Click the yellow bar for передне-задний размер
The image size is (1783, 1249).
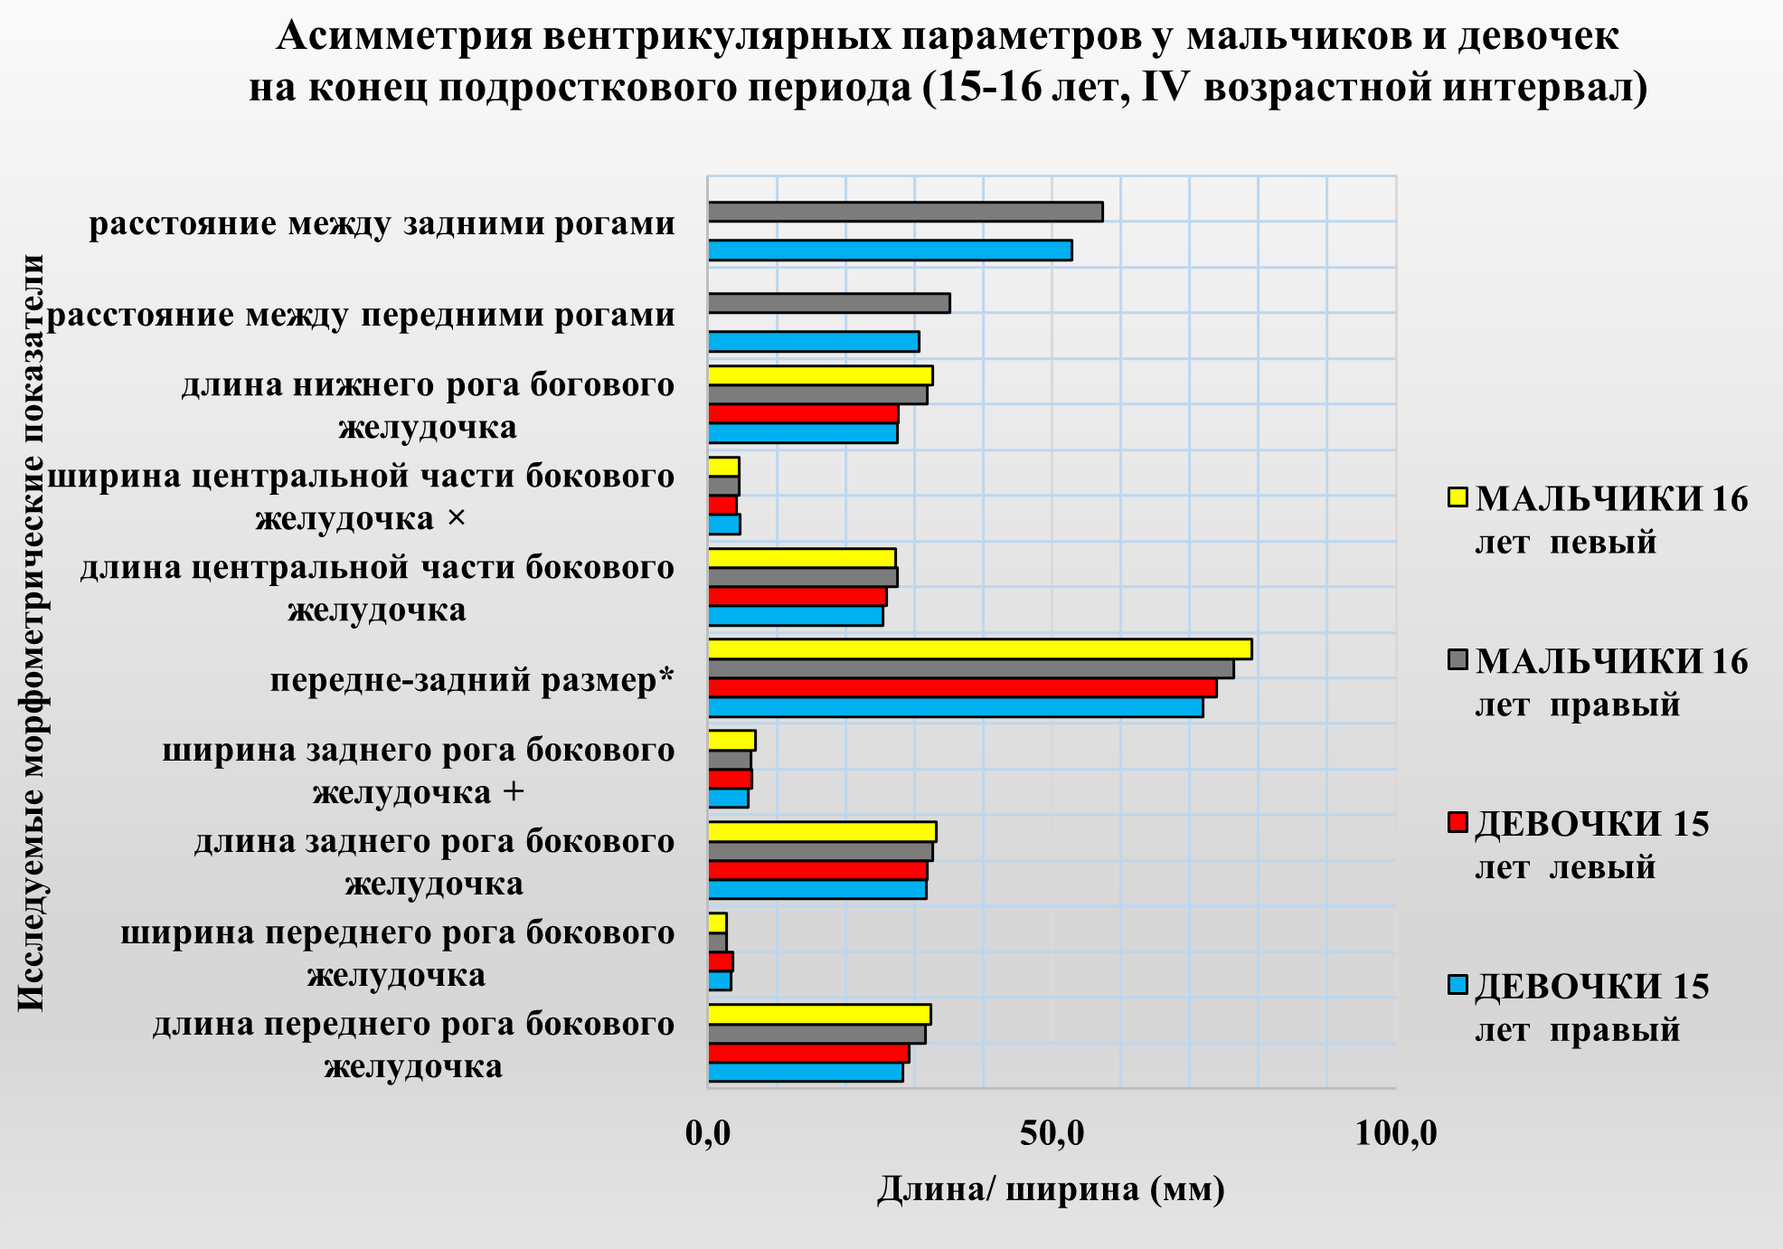979,649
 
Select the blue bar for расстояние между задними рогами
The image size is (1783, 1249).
890,251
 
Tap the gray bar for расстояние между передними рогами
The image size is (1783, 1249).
828,303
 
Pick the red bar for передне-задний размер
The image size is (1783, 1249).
962,687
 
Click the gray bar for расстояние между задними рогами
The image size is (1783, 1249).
905,212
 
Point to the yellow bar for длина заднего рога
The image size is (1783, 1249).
822,832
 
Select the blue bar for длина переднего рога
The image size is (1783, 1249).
805,1073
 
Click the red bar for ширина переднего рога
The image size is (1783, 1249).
721,961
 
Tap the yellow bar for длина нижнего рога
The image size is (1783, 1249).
820,376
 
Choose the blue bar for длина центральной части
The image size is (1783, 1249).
795,616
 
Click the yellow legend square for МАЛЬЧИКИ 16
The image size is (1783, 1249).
1457,497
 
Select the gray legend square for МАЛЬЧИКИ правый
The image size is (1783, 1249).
1457,660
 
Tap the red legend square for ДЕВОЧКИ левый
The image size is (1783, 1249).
1457,822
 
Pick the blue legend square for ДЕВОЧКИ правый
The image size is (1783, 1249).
1457,985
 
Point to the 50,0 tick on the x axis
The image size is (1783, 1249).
1052,1133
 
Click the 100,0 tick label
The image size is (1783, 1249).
1395,1133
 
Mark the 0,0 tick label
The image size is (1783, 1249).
708,1133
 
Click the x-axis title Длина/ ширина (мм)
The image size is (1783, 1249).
1051,1189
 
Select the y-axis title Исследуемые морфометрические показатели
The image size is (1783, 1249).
32,632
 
